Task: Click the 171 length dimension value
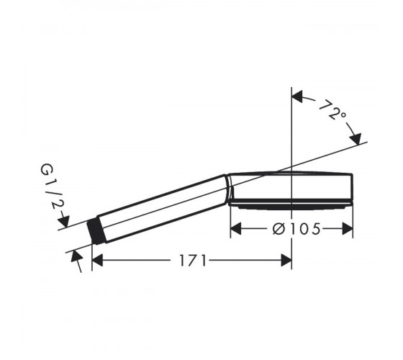pyautogui.click(x=193, y=260)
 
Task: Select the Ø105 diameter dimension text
pyautogui.click(x=296, y=229)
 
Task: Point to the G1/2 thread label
pyautogui.click(x=50, y=186)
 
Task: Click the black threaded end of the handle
pyautogui.click(x=97, y=231)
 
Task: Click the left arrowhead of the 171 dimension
pyautogui.click(x=97, y=260)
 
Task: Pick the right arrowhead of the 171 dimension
pyautogui.click(x=286, y=260)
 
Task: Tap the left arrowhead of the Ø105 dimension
pyautogui.click(x=236, y=229)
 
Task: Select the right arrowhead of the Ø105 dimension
pyautogui.click(x=348, y=229)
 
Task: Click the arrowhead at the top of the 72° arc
pyautogui.click(x=297, y=96)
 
